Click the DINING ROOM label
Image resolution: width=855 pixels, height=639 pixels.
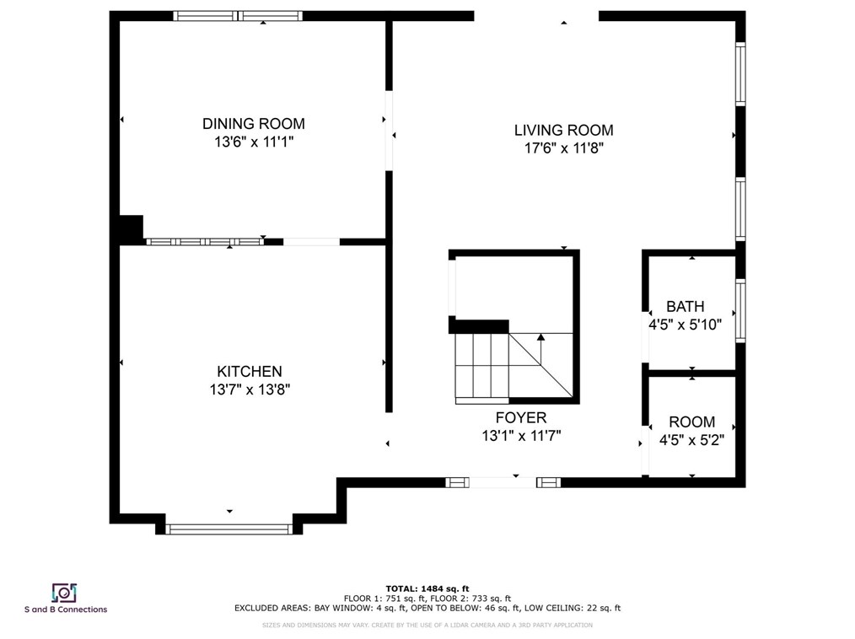click(254, 124)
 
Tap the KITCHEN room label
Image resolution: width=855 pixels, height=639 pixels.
click(250, 372)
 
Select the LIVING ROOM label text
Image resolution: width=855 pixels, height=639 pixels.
click(564, 131)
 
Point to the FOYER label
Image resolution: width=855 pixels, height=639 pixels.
click(521, 417)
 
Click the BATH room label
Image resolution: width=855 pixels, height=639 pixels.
click(686, 306)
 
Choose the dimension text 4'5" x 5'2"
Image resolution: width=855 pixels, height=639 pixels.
click(692, 440)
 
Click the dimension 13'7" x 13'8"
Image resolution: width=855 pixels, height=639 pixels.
click(250, 389)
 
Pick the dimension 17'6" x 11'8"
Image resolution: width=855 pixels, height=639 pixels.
click(564, 148)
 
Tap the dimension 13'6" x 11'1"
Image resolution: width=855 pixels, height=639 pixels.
click(254, 142)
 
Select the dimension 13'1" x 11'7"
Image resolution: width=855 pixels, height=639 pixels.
click(521, 436)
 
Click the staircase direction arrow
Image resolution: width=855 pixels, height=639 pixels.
click(540, 350)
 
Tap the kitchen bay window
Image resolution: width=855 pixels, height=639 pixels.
click(229, 529)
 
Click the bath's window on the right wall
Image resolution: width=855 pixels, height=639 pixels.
click(740, 311)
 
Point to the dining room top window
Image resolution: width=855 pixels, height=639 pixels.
click(238, 16)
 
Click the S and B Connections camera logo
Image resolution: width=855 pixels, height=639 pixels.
click(64, 593)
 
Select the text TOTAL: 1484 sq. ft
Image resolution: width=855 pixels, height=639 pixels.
click(427, 588)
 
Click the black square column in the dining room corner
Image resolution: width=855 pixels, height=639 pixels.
click(132, 228)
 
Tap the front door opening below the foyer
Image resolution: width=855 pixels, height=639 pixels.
click(503, 482)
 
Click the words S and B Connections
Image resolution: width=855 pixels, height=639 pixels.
click(66, 609)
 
